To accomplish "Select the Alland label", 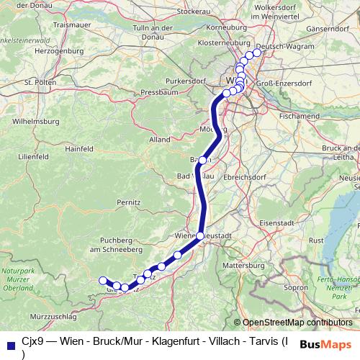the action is tap(160, 139).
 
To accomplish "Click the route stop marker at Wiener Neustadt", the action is tap(200, 235).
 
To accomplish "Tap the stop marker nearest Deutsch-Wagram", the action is tap(257, 53).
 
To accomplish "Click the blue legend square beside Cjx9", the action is tap(10, 343).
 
